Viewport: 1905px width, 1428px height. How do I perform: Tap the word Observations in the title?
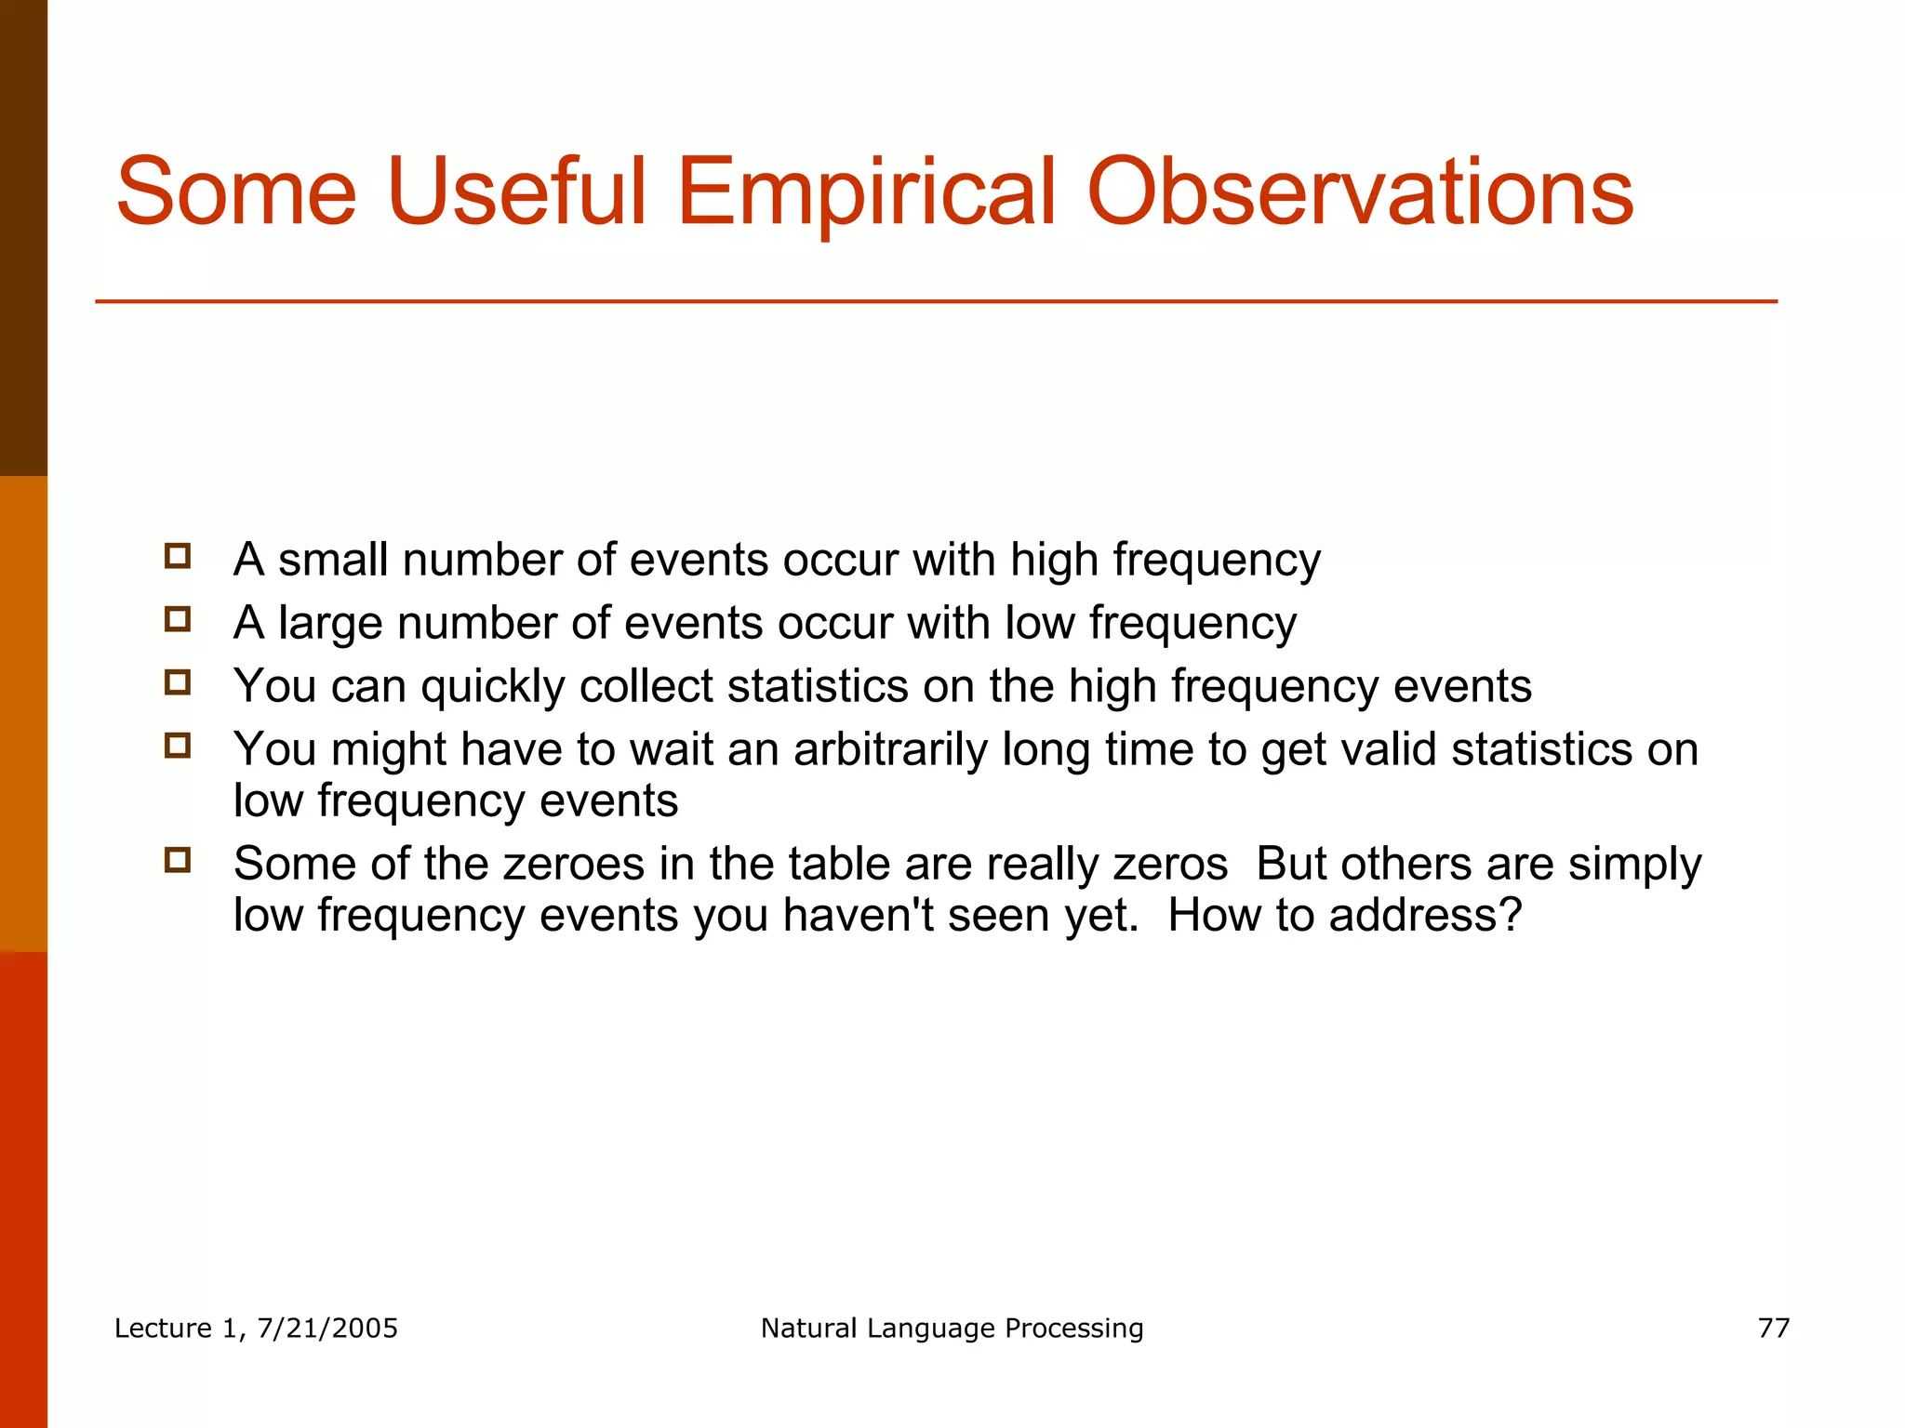1359,192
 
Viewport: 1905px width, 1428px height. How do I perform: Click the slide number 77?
1773,1328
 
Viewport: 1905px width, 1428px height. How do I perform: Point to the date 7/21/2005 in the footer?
327,1328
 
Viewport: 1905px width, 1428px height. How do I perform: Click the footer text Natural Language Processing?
952,1328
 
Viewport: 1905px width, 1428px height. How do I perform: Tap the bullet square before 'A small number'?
178,557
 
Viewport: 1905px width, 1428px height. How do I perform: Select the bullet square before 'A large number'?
178,620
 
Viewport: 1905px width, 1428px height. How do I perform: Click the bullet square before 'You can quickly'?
178,683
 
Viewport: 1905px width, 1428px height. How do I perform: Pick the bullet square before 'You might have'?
178,746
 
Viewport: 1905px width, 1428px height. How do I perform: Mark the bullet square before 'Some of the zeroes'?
178,860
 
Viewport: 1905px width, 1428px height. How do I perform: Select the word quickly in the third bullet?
492,688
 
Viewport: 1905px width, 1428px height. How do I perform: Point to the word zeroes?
574,864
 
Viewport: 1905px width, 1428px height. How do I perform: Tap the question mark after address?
1510,915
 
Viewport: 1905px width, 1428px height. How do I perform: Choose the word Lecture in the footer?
163,1328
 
